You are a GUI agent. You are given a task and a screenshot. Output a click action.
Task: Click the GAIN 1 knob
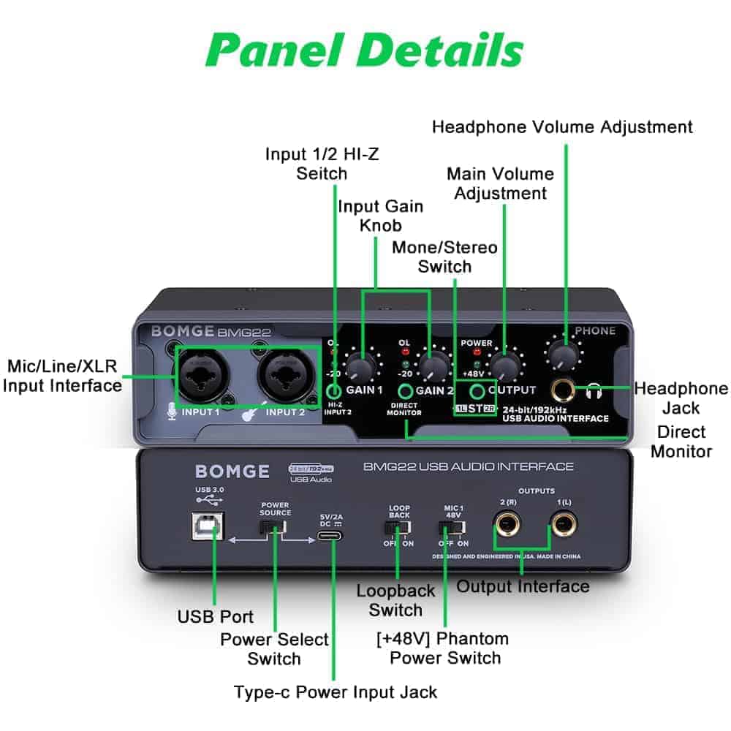pyautogui.click(x=360, y=365)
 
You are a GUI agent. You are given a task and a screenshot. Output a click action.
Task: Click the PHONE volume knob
pyautogui.click(x=562, y=356)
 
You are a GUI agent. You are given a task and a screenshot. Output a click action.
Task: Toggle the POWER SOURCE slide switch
pyautogui.click(x=275, y=529)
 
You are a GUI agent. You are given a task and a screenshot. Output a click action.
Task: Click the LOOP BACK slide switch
pyautogui.click(x=398, y=528)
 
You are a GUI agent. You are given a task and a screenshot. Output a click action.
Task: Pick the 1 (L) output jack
pyautogui.click(x=562, y=524)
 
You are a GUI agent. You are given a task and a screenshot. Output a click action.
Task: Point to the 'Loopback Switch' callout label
pyautogui.click(x=395, y=600)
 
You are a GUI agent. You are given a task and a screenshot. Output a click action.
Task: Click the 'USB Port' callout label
pyautogui.click(x=216, y=616)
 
